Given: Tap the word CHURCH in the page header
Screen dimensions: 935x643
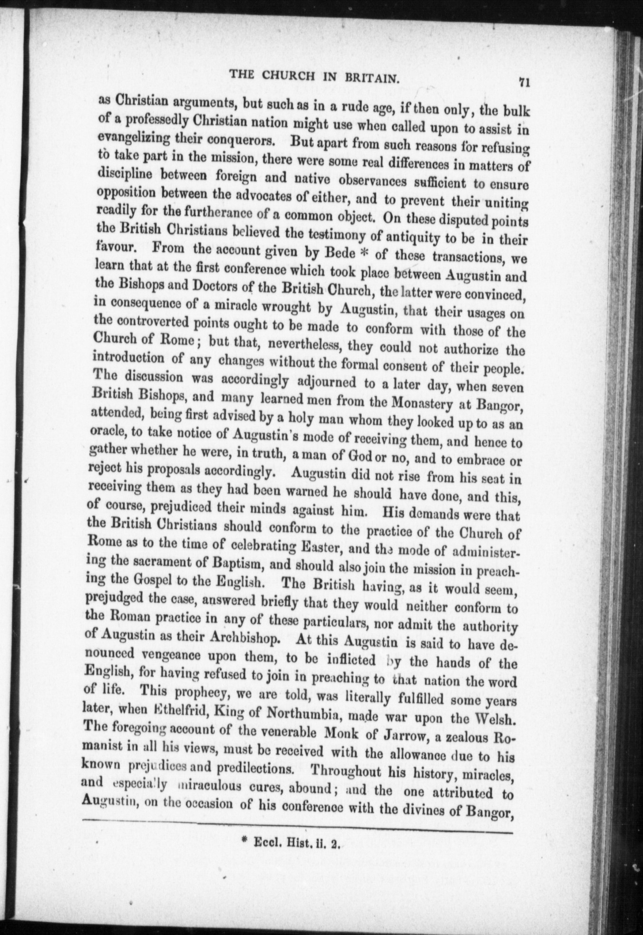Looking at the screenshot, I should click(x=281, y=75).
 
